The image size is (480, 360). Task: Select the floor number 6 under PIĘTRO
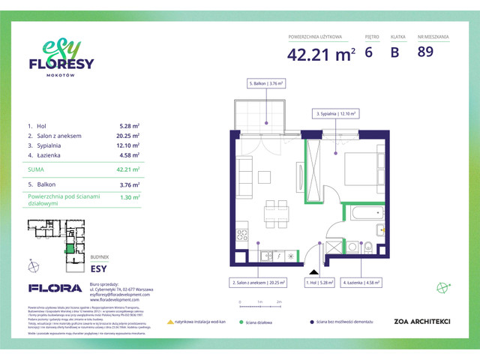(368, 52)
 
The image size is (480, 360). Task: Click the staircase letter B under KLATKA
(394, 52)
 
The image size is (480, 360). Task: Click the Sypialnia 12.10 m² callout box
(337, 115)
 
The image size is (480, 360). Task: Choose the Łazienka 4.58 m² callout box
(361, 283)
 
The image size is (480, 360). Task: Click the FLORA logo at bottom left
(55, 287)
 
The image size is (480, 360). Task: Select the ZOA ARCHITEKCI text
(421, 321)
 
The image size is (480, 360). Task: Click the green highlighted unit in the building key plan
(70, 249)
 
